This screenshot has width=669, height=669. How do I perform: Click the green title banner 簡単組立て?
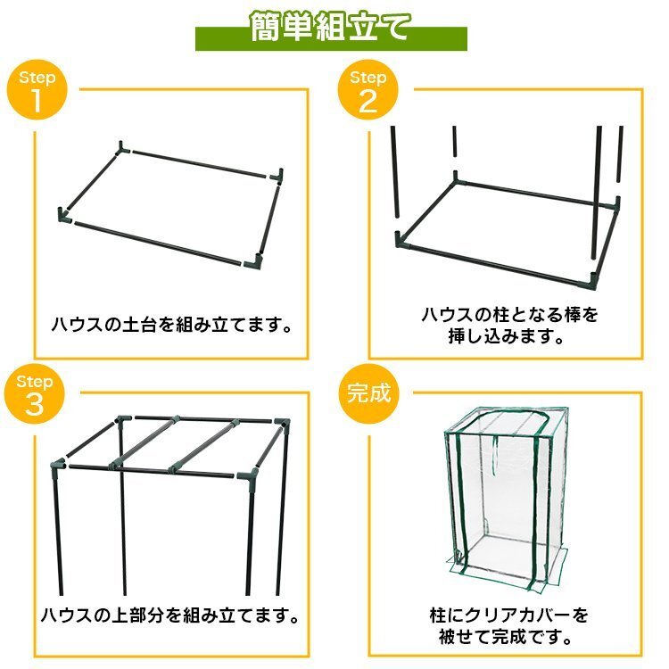331,33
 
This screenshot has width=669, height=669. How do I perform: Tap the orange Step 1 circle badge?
37,89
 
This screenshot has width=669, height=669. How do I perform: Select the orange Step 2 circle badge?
368,89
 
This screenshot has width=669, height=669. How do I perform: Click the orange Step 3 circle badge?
35,394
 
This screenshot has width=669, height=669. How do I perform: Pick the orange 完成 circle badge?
369,393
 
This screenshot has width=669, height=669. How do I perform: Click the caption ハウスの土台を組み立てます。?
172,325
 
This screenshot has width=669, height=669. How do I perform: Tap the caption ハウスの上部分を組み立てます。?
170,615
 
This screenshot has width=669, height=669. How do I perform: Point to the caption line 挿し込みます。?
507,336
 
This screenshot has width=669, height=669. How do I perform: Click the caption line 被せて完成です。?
506,637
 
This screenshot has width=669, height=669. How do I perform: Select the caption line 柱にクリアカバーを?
509,615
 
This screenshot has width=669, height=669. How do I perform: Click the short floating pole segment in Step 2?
455,141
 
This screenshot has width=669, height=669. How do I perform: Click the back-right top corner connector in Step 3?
282,424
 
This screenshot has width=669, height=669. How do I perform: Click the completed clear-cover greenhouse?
507,499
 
